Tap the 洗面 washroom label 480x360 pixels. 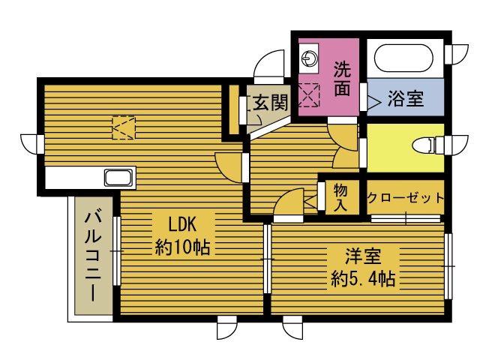(342, 79)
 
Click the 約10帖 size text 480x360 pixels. (182, 246)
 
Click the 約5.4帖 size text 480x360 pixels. (363, 280)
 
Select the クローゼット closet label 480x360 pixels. (405, 198)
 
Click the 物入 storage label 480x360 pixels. (340, 196)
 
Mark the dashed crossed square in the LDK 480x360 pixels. (124, 128)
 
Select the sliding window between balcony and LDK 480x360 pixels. (116, 251)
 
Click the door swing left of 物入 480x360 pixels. (288, 203)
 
